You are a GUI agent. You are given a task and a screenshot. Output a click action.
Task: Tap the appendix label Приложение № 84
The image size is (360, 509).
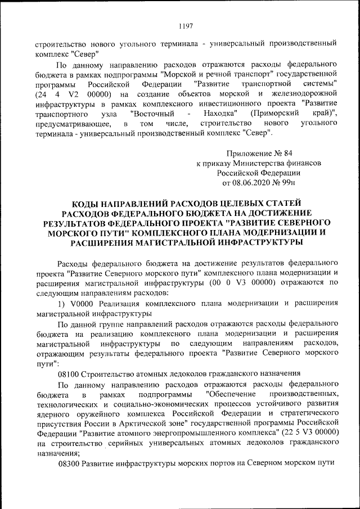pyautogui.click(x=260, y=154)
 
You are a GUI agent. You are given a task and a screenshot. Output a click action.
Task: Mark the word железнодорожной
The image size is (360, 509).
pyautogui.click(x=304, y=93)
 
